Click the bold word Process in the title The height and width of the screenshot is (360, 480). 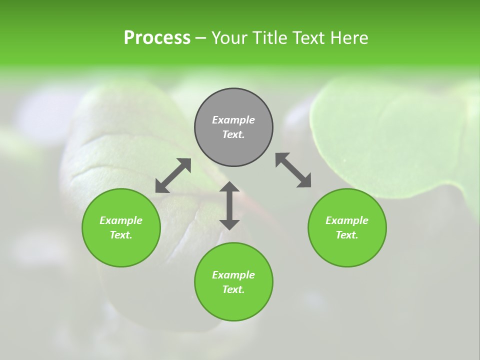(x=157, y=38)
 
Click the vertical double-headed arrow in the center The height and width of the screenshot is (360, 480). (x=229, y=206)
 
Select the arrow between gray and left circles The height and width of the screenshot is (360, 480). (x=173, y=175)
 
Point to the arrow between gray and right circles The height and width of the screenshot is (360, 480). (x=293, y=170)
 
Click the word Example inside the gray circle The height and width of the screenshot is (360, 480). (x=233, y=120)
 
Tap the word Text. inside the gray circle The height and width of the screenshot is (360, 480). (x=233, y=134)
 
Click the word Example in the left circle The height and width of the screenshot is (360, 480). (x=121, y=220)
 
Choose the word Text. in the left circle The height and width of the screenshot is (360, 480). (x=121, y=235)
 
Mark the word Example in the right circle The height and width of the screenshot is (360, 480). (x=347, y=220)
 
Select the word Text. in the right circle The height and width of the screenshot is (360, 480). (x=347, y=235)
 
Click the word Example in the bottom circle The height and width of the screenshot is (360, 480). (x=233, y=275)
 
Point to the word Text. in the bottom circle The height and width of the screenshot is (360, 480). (x=233, y=289)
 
